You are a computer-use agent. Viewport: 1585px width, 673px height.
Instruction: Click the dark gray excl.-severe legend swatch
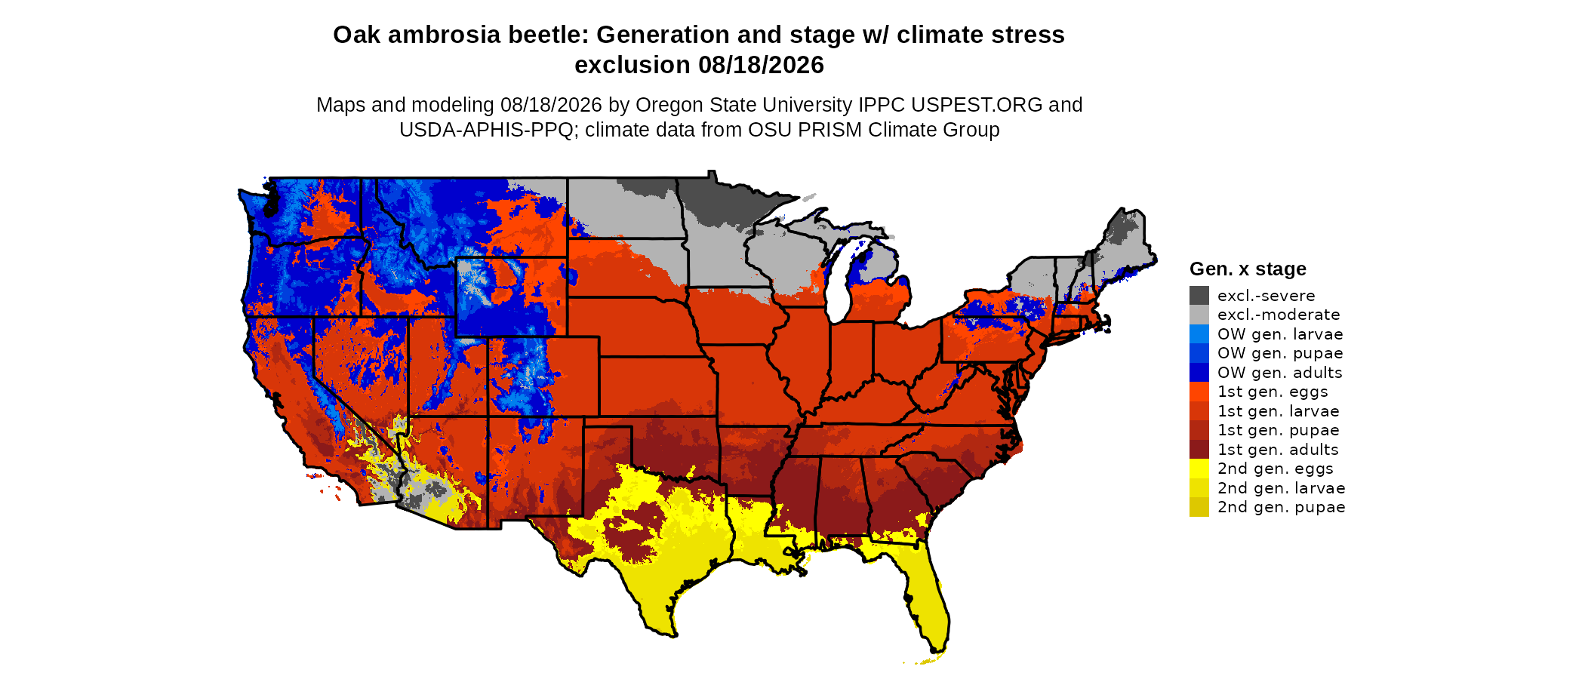coord(1199,295)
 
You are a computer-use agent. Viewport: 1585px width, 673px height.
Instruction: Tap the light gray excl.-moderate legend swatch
coord(1199,315)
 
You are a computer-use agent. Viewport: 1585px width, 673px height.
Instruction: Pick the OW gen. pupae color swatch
coord(1199,353)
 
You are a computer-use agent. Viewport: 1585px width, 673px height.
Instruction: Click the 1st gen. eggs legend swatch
coord(1199,392)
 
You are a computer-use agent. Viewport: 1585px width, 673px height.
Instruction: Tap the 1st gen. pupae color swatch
coord(1199,430)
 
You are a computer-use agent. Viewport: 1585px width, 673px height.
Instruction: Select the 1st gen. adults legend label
coord(1278,450)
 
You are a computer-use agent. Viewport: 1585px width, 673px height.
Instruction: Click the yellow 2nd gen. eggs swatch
coord(1199,469)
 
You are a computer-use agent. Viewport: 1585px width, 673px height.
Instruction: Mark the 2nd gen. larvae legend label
coord(1282,488)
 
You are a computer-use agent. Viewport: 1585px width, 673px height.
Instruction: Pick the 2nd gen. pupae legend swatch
coord(1199,507)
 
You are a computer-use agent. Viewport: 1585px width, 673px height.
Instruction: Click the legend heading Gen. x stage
coord(1248,269)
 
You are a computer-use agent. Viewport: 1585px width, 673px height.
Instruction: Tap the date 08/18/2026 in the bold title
coord(761,65)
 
